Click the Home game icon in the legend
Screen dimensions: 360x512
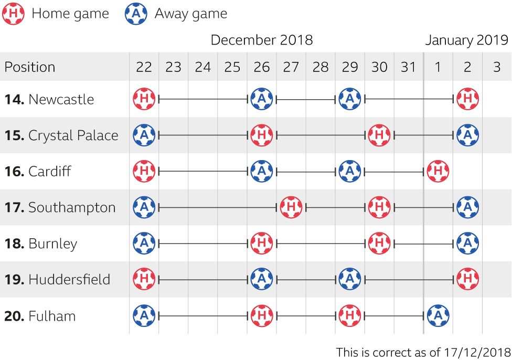(13, 14)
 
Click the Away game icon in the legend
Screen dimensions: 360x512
(136, 14)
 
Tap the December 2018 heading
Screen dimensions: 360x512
(261, 40)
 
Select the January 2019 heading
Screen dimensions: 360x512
(466, 40)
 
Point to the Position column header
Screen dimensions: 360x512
(30, 67)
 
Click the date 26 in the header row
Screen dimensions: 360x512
(261, 67)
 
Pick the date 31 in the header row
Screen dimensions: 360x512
(408, 67)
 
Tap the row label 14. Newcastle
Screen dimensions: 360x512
(49, 99)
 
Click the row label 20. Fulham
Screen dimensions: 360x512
(40, 316)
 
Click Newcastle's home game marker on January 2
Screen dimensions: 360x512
(467, 99)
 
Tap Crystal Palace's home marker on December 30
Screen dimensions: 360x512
(378, 135)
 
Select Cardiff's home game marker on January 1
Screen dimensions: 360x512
(438, 171)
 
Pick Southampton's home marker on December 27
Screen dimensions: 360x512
(291, 207)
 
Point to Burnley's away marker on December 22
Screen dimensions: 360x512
(144, 243)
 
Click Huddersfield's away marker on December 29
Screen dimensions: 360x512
(349, 279)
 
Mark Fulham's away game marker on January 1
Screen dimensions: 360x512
(438, 316)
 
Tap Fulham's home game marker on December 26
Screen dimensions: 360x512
(261, 316)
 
